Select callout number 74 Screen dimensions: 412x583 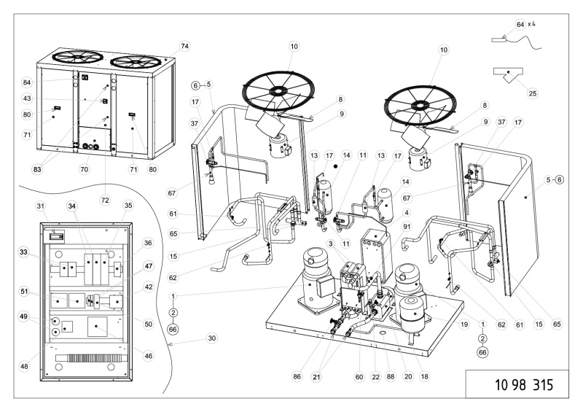pyautogui.click(x=184, y=46)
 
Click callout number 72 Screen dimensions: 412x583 pyautogui.click(x=106, y=179)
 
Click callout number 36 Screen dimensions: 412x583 pyautogui.click(x=149, y=243)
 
